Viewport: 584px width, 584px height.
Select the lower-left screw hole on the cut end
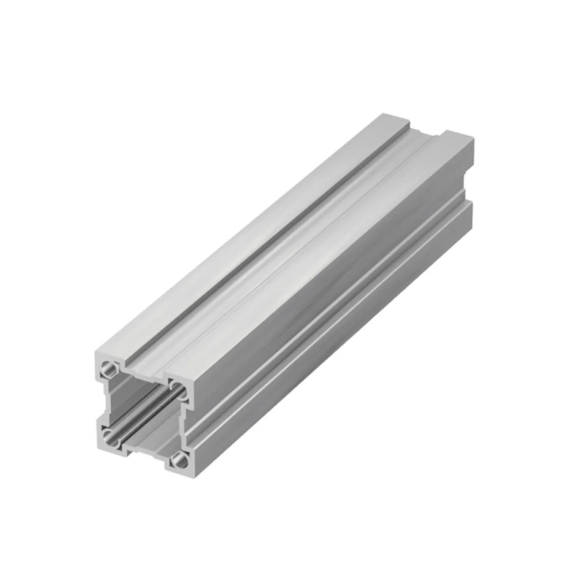click(x=109, y=438)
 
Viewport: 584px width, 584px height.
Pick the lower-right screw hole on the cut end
click(x=177, y=461)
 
